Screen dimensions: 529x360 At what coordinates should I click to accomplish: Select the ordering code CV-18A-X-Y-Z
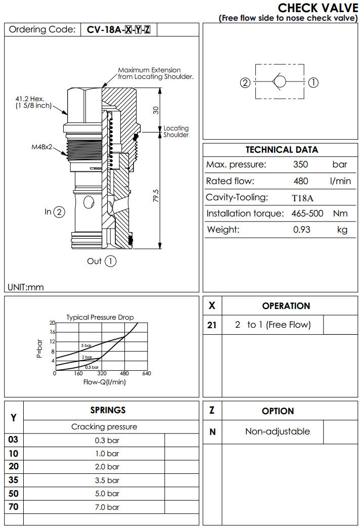coord(118,29)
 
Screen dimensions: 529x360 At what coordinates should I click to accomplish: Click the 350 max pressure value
coord(300,164)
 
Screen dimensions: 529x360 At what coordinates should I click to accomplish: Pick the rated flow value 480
coord(300,181)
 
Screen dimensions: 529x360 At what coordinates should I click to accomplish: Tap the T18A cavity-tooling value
coord(302,197)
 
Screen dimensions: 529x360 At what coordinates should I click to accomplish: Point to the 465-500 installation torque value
coord(307,213)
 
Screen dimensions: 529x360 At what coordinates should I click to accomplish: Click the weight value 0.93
coord(302,230)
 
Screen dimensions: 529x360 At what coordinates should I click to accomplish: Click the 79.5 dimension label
coord(156,196)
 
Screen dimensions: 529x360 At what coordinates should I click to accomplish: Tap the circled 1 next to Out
coord(111,261)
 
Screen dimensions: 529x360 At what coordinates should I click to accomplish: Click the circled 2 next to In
coord(60,212)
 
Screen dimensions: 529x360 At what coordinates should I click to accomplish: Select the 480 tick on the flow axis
coord(124,374)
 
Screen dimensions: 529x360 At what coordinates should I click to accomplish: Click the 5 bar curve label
coord(86,346)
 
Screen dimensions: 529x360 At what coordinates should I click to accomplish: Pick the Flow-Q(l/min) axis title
coord(104,382)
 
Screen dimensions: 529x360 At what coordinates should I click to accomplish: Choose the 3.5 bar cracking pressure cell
coord(107,480)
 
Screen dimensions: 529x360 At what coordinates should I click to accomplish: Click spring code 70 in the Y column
coord(14,506)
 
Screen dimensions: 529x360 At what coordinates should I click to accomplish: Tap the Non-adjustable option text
coord(277,431)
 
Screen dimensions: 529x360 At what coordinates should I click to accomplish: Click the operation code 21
coord(212,325)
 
